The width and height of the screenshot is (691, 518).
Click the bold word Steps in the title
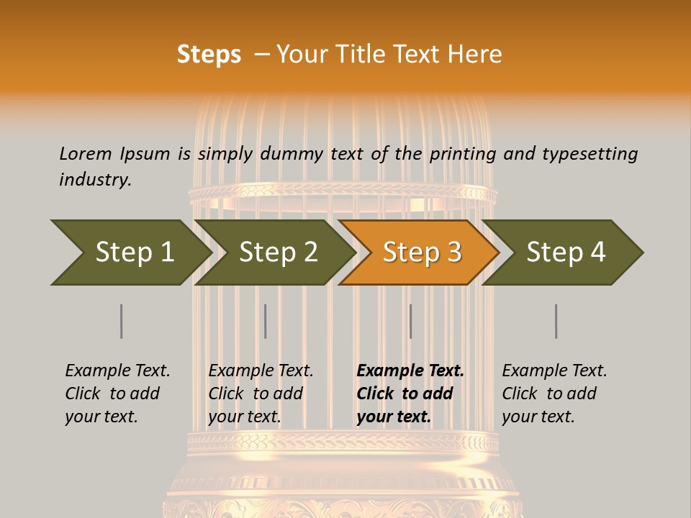(209, 55)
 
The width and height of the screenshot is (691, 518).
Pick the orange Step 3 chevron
(420, 253)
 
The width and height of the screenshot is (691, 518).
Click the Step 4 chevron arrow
(564, 253)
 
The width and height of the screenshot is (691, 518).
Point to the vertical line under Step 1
(122, 321)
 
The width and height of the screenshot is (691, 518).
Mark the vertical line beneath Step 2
(266, 321)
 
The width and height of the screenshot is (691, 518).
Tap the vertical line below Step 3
(410, 321)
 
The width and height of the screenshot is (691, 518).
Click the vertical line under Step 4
(556, 321)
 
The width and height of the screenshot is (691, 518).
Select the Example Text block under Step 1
(117, 394)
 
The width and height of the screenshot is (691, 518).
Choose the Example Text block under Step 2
(261, 394)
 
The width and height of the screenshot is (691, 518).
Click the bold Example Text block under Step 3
(410, 394)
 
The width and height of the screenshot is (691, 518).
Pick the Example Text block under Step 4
(554, 394)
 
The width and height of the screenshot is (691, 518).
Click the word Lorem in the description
(85, 153)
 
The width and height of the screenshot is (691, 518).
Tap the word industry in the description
(95, 180)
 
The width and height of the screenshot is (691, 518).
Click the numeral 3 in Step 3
(452, 253)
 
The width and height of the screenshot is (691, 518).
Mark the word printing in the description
(462, 154)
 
